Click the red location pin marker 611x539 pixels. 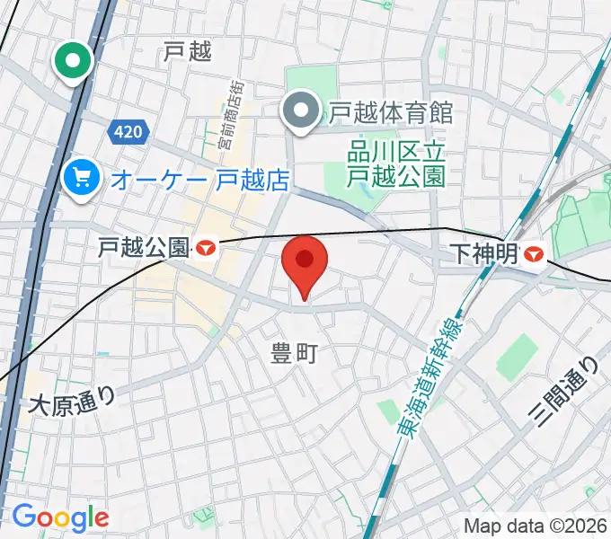[305, 263]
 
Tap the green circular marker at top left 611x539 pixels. [73, 61]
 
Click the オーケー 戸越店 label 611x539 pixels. [199, 180]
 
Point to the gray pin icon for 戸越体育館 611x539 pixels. [298, 113]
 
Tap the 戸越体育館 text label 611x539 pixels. [390, 113]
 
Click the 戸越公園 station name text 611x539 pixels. [144, 247]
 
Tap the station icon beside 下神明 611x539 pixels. [534, 255]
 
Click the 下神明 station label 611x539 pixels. [484, 255]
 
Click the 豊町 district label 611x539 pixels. [295, 355]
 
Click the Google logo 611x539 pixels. [60, 517]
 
